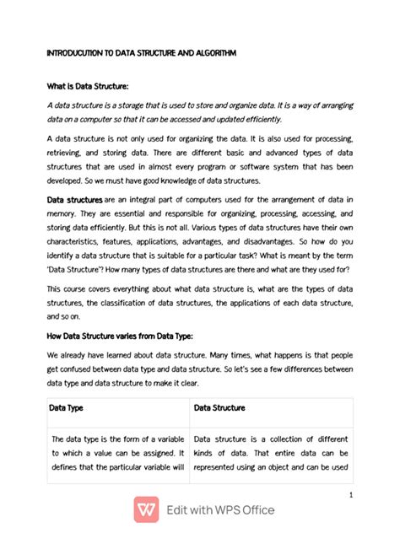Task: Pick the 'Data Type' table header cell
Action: pyautogui.click(x=70, y=407)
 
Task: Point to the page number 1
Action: pyautogui.click(x=349, y=494)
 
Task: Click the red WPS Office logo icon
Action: pyautogui.click(x=146, y=509)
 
